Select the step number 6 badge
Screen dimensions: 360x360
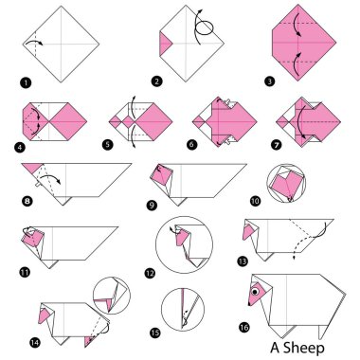(196, 146)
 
